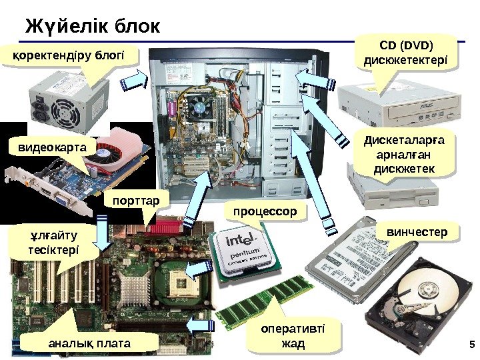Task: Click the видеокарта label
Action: coord(47,146)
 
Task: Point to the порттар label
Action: coord(137,200)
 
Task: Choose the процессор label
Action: coord(264,211)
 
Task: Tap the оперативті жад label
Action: coord(292,336)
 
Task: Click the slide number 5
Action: coord(470,345)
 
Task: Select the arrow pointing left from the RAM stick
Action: coord(201,325)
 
